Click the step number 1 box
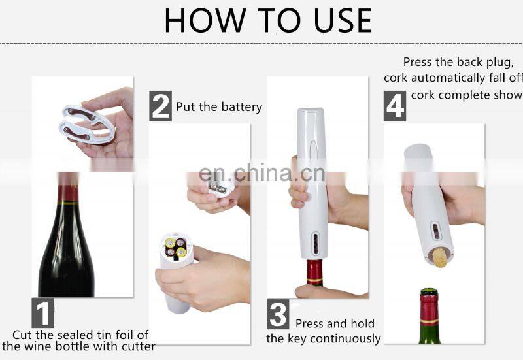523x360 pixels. (x=42, y=313)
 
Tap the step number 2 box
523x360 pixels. (x=160, y=106)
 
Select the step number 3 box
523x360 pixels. (x=278, y=314)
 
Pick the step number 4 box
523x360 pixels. (x=395, y=106)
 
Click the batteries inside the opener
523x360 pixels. (x=176, y=247)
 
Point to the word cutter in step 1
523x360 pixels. (x=139, y=346)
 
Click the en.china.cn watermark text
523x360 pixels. (x=262, y=172)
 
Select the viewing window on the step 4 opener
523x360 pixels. (x=435, y=231)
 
